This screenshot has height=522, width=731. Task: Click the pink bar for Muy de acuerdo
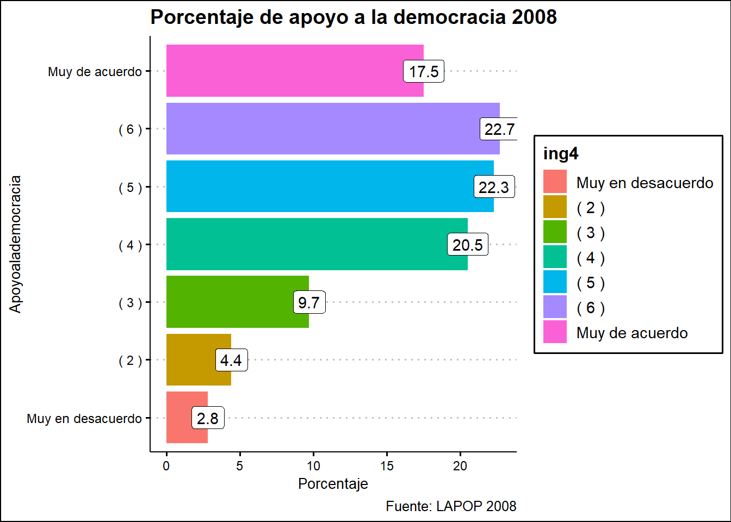coord(283,71)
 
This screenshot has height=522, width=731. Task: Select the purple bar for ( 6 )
coord(321,129)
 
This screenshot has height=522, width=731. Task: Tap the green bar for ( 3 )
coord(228,302)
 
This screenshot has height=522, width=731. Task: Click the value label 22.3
coord(494,187)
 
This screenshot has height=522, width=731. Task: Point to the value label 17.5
coord(424,71)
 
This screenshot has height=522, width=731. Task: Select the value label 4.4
coord(231,360)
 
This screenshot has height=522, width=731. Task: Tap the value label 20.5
coord(468,245)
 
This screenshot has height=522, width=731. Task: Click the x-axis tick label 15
coord(387,466)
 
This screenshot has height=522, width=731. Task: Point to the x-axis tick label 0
coord(166,466)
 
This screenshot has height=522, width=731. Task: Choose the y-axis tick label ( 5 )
coord(131,188)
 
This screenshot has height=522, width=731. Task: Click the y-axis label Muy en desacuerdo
coord(84,419)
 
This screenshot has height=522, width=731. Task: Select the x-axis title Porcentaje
coord(333,484)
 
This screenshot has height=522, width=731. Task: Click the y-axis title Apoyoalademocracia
coord(16,244)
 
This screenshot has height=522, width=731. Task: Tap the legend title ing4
coord(561,154)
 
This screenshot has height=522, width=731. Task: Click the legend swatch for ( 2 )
coord(555,207)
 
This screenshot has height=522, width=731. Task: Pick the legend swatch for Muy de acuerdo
coord(555,332)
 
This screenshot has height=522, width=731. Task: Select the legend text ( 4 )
coord(591,258)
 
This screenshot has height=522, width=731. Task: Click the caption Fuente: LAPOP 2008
coord(451,506)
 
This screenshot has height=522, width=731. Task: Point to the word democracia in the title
coord(450,17)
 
